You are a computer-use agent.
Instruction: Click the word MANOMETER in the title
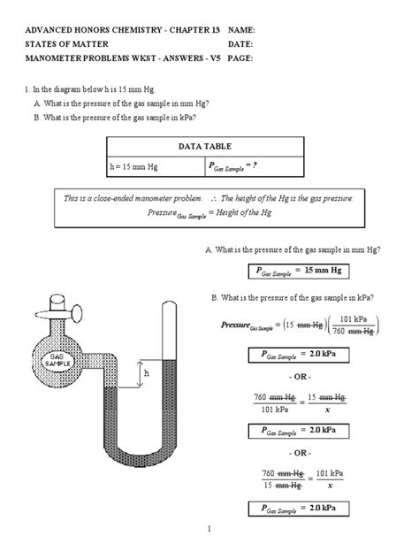58,58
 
